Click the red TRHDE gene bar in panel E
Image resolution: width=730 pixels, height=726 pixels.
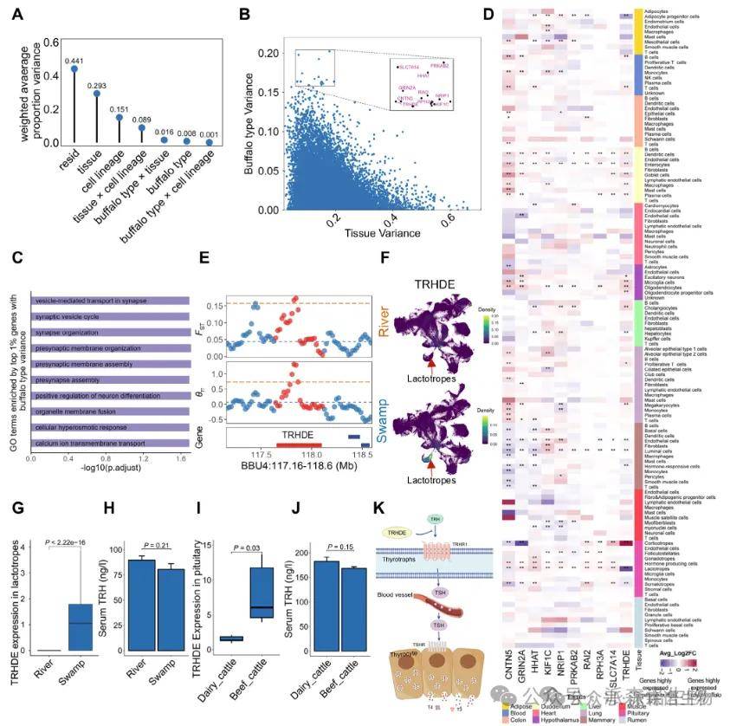(299, 444)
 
